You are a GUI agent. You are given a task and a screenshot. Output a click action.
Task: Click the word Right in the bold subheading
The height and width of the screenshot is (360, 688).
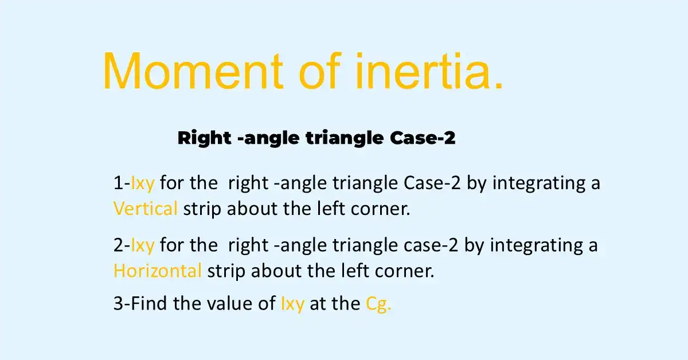[x=204, y=138]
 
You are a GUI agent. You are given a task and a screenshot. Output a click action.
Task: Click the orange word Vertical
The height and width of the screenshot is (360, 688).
[x=146, y=208]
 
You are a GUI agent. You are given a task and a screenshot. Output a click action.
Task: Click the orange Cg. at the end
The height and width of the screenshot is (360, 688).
[x=378, y=303]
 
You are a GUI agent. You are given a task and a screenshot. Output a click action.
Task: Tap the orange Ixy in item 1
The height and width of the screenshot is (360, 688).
[x=143, y=183]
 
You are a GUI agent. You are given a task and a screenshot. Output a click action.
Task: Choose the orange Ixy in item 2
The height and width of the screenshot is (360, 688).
[x=143, y=245]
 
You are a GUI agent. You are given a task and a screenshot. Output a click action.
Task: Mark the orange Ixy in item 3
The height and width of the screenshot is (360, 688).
[x=292, y=303]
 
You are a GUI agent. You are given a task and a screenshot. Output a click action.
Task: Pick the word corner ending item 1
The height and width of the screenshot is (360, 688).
[x=384, y=209]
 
